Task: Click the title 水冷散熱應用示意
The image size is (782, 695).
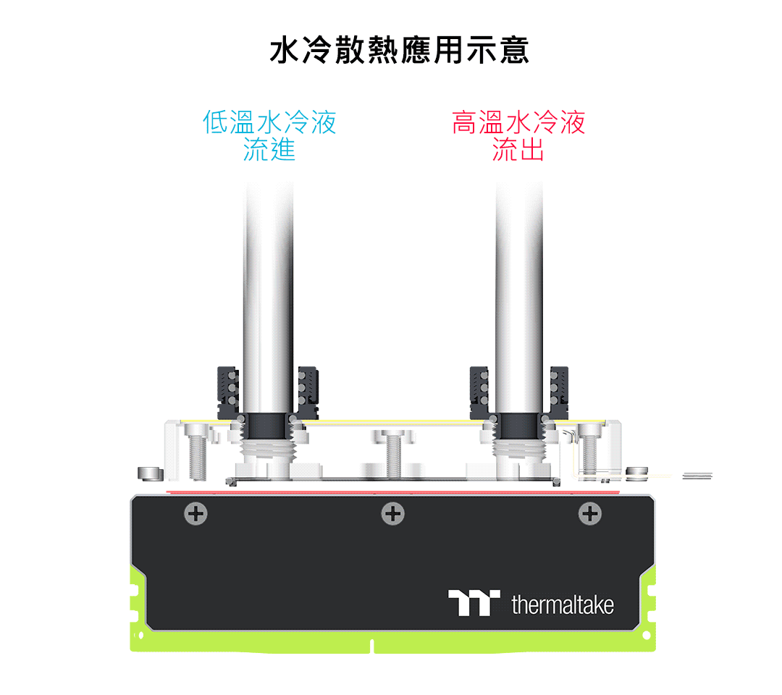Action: [399, 50]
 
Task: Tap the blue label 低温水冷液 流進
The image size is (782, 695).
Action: [269, 135]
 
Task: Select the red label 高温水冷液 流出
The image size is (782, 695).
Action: [518, 135]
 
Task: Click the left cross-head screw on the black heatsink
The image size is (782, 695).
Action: [196, 514]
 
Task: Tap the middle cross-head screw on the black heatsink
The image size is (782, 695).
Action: [393, 514]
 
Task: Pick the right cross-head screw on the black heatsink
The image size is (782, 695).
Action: [590, 514]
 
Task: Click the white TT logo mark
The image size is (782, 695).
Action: [474, 603]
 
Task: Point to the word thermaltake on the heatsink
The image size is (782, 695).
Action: [563, 605]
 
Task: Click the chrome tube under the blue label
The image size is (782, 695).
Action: [269, 298]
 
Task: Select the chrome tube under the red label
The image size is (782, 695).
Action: [519, 298]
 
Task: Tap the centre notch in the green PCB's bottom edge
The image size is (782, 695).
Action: [372, 646]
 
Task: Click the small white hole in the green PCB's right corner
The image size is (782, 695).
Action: [647, 636]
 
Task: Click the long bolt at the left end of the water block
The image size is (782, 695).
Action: [197, 452]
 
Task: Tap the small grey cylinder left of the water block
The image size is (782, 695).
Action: [150, 473]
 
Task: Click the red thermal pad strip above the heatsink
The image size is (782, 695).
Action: [393, 492]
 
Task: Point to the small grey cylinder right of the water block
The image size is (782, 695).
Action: [637, 473]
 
